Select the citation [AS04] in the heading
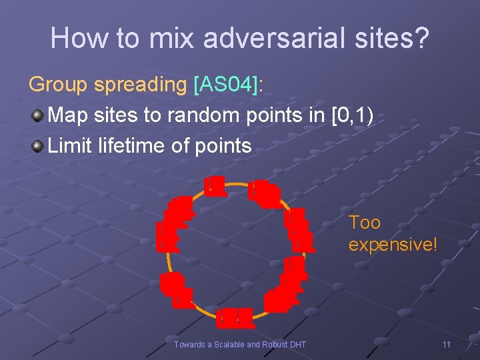225,85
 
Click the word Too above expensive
365,222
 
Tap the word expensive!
393,245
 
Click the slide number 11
447,344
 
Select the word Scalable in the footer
229,344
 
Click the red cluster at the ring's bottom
235,318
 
